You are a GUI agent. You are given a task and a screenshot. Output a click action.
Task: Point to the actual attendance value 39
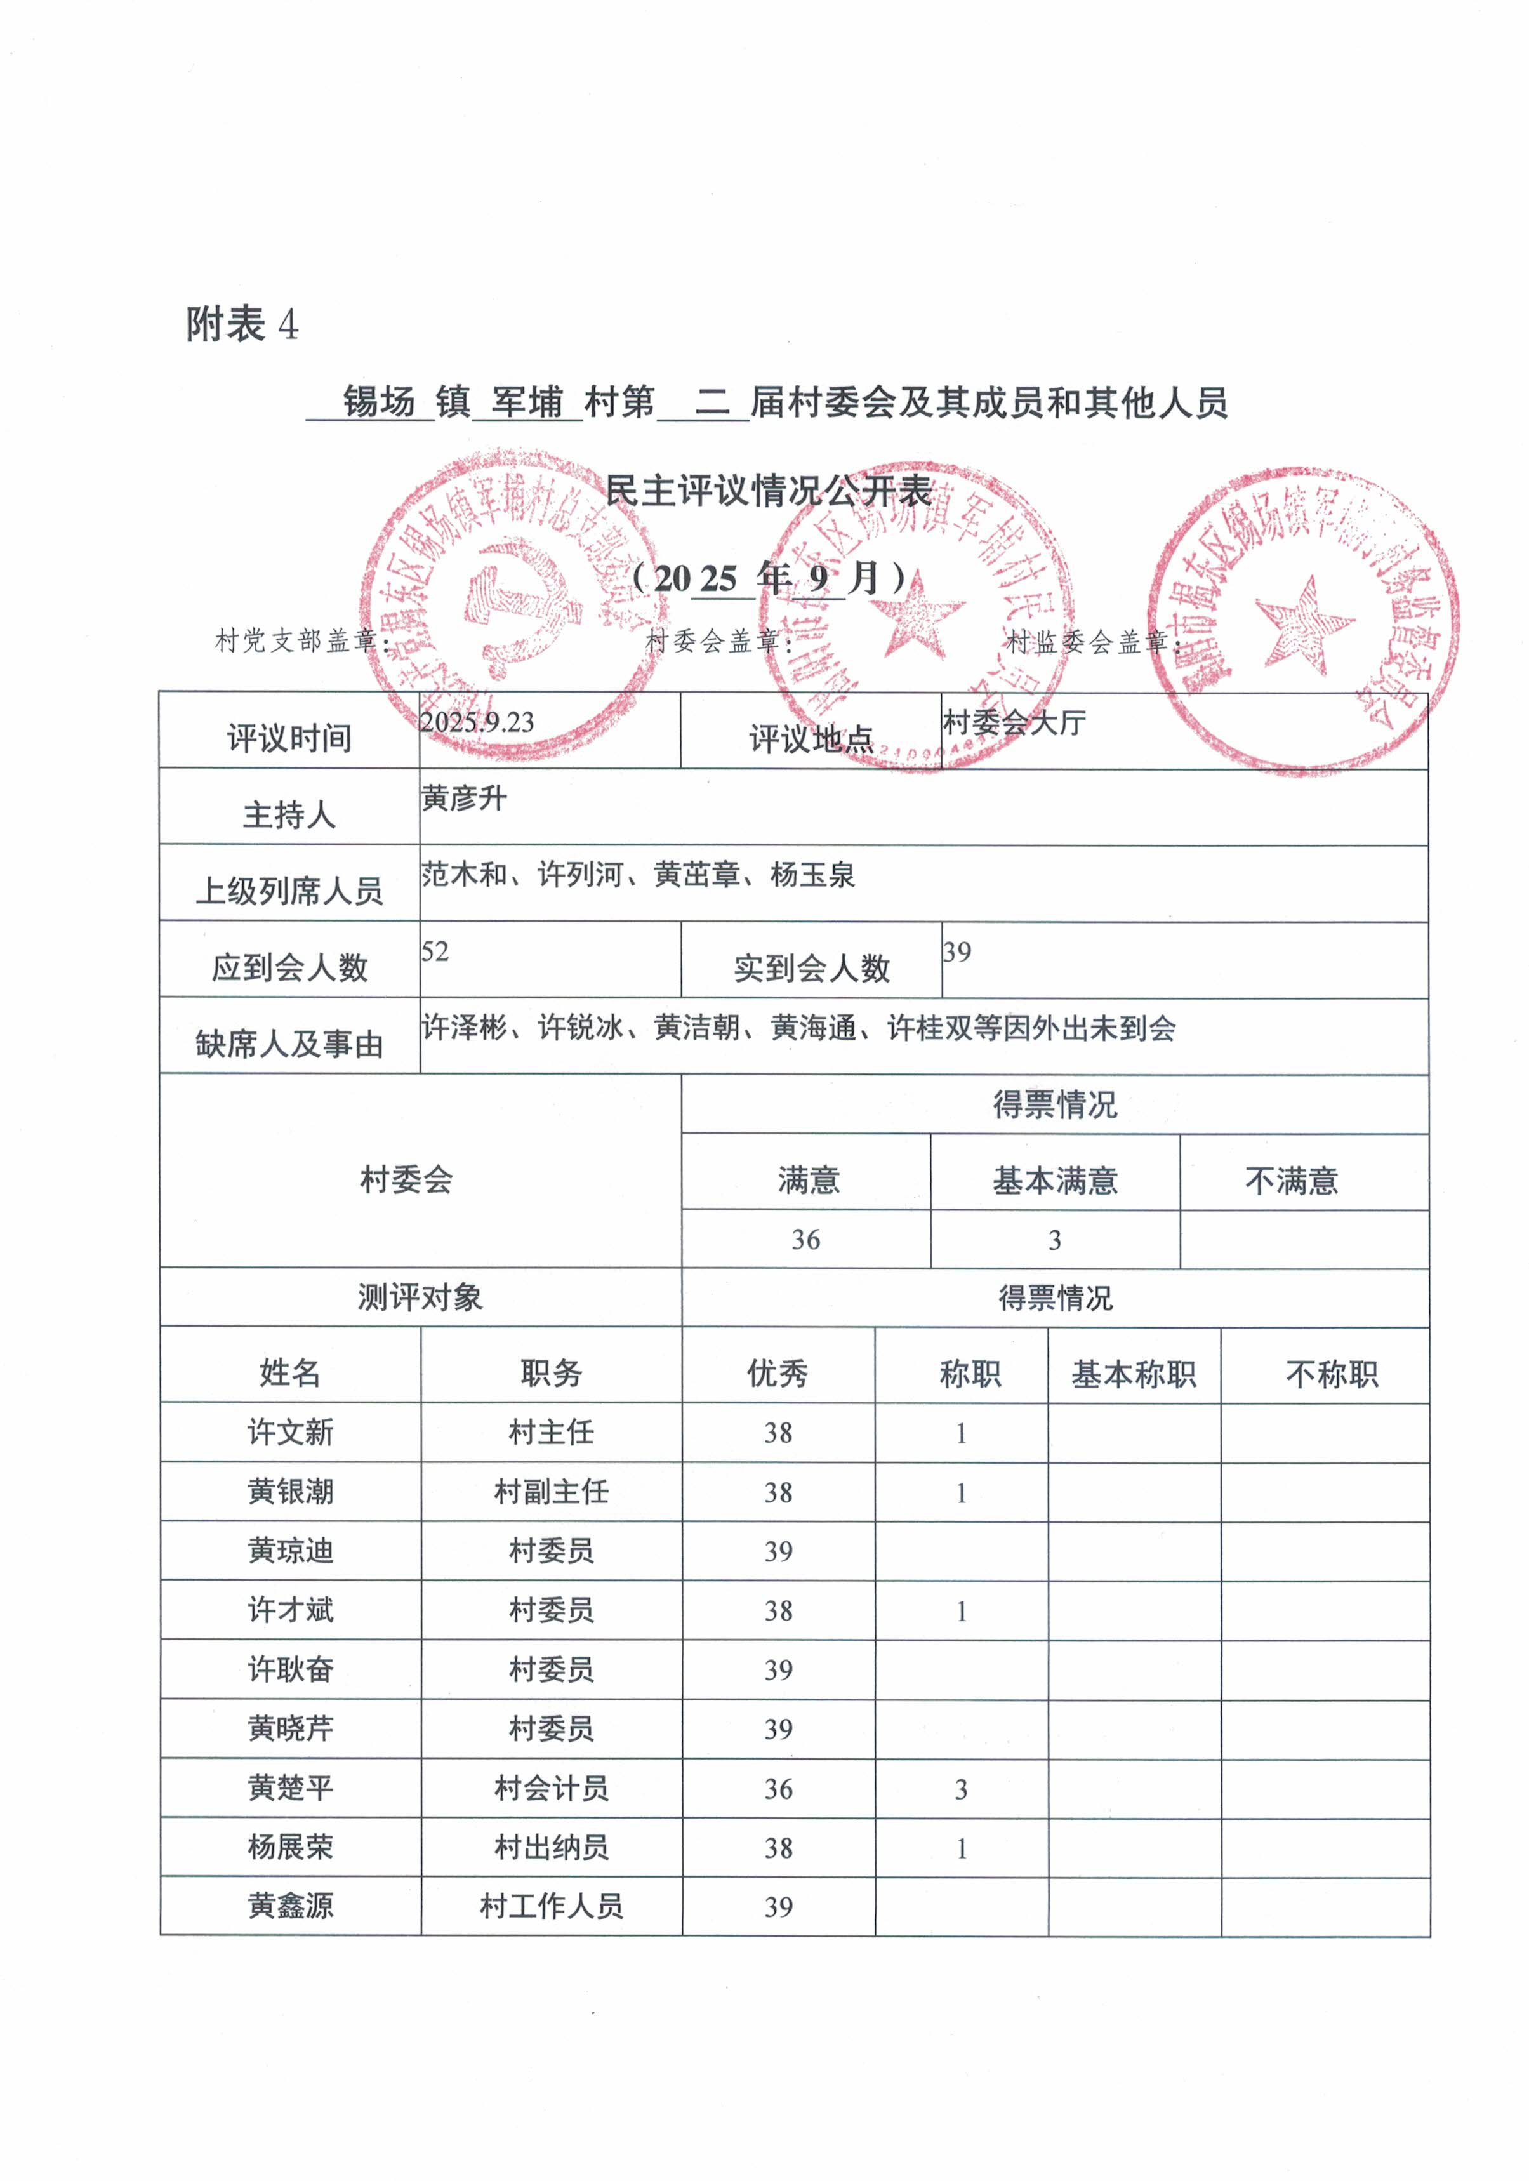pyautogui.click(x=956, y=951)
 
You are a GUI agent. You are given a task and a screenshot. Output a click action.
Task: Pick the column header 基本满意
pyautogui.click(x=1054, y=1181)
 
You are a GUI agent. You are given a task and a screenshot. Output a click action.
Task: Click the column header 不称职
pyautogui.click(x=1332, y=1374)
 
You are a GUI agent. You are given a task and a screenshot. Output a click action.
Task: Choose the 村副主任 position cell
pyautogui.click(x=551, y=1492)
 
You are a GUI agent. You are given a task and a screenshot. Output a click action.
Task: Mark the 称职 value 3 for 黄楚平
pyautogui.click(x=961, y=1789)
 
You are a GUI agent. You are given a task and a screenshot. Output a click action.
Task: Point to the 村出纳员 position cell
pyautogui.click(x=551, y=1848)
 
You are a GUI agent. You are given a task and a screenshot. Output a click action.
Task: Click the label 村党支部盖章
pyautogui.click(x=302, y=641)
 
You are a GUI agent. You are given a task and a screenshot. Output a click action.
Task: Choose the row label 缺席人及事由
pyautogui.click(x=289, y=1044)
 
